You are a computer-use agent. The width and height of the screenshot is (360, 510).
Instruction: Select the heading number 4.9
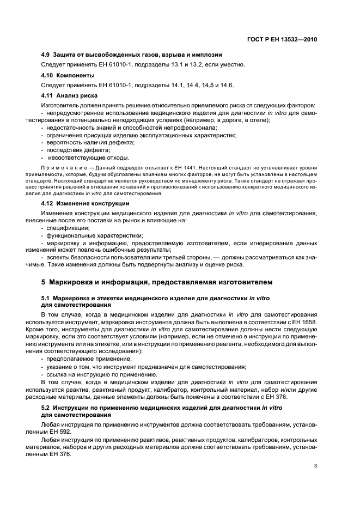click(x=46, y=55)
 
